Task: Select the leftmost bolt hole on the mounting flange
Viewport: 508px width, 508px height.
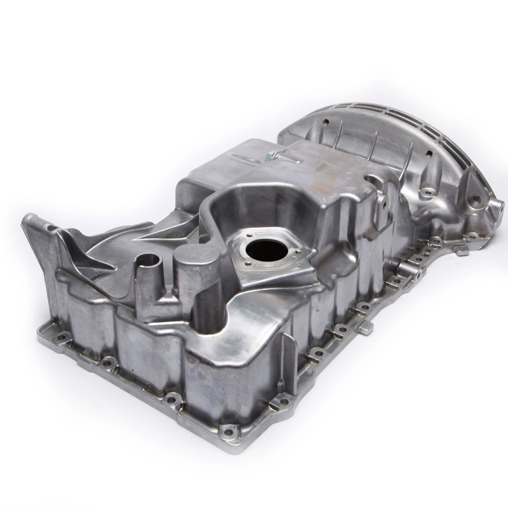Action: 61,336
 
